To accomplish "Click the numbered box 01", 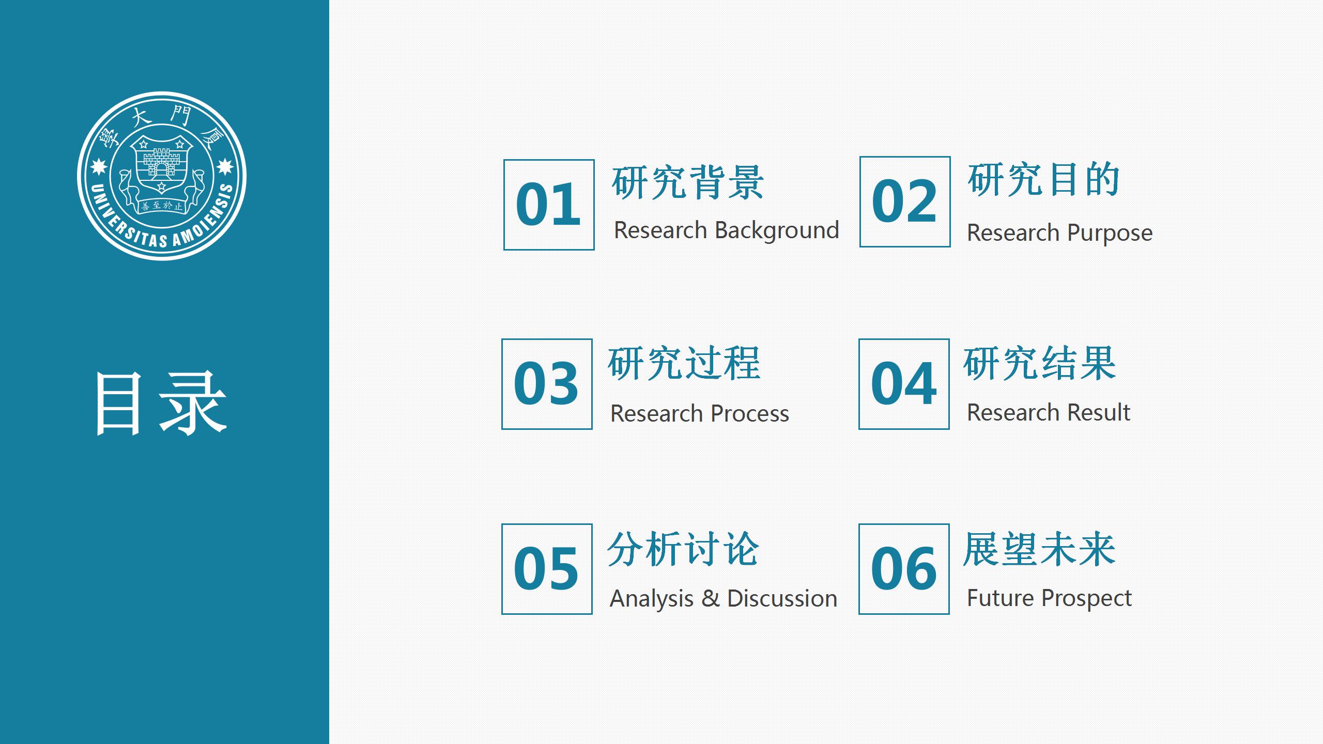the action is click(x=549, y=205).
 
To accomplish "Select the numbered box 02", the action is click(x=905, y=202).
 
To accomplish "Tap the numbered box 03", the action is click(x=547, y=384).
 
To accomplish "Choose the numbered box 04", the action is click(x=904, y=384).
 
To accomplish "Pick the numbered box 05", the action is click(x=547, y=569).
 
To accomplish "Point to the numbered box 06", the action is click(x=904, y=569).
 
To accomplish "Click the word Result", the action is click(x=1099, y=412).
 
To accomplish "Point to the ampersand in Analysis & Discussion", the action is click(x=711, y=598).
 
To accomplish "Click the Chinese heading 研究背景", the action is click(x=688, y=182).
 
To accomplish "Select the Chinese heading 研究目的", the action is click(x=1044, y=179).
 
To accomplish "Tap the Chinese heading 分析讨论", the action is click(x=683, y=549).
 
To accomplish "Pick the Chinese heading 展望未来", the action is click(x=1039, y=549).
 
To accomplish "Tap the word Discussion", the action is click(x=782, y=598).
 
